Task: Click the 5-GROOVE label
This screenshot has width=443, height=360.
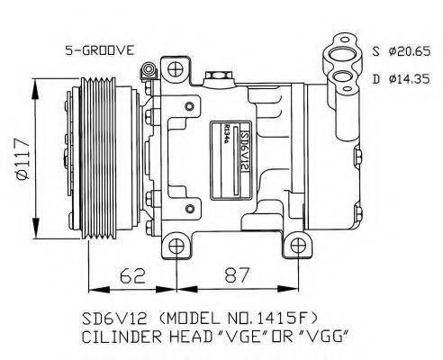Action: tap(98, 51)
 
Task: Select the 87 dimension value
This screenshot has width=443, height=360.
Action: tap(236, 275)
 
